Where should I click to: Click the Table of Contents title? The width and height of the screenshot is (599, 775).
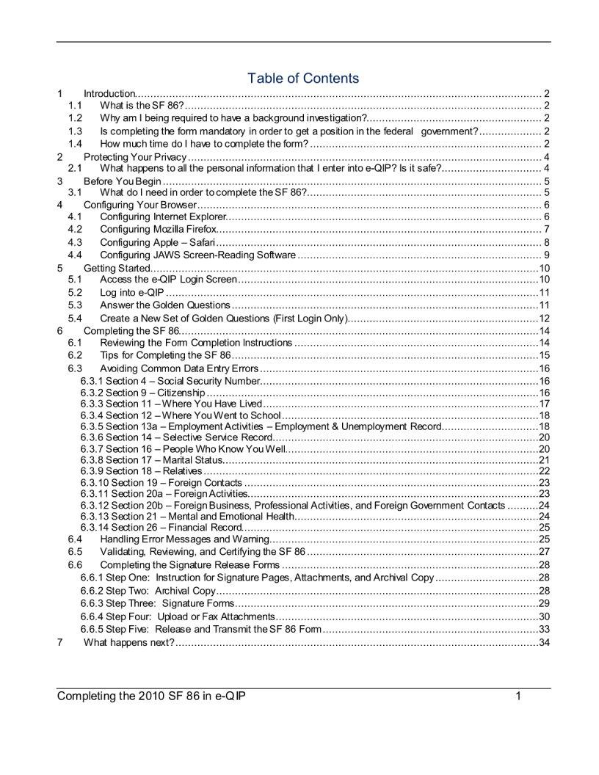303,78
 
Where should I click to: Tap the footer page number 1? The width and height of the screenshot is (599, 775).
518,696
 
